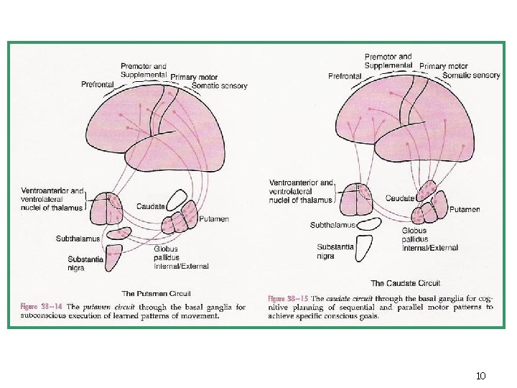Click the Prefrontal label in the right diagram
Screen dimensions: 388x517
[345, 76]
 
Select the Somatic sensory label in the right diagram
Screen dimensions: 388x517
[471, 75]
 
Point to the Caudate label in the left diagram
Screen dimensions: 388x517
[150, 207]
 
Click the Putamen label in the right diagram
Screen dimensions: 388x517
[465, 210]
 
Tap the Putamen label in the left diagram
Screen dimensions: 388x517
[214, 219]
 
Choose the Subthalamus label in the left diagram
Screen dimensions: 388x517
[78, 238]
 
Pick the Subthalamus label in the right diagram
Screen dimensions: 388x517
[332, 225]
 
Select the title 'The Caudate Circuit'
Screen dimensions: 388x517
[406, 283]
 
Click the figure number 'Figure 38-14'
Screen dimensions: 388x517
[41, 307]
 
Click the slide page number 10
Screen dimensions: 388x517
[481, 376]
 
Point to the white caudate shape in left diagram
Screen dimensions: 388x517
[177, 200]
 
